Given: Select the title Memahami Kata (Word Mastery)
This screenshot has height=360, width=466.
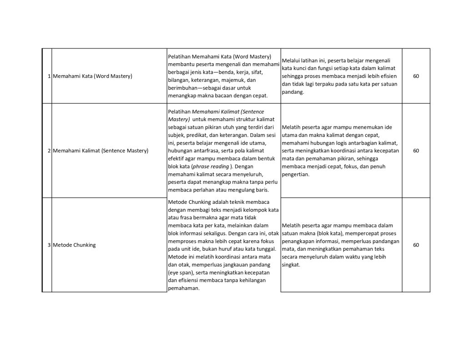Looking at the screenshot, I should pos(92,76).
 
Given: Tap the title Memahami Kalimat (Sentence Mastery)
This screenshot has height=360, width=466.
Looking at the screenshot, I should pos(101,150).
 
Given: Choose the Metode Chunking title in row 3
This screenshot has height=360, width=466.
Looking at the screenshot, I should pos(74,245).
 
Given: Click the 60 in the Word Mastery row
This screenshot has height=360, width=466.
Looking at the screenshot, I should pos(416,76).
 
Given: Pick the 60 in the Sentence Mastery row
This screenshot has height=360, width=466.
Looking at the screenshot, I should pos(416,150).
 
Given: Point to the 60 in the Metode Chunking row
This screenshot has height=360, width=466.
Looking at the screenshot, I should pos(416,245).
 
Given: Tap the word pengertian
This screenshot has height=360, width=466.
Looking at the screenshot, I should pos(295,174).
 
